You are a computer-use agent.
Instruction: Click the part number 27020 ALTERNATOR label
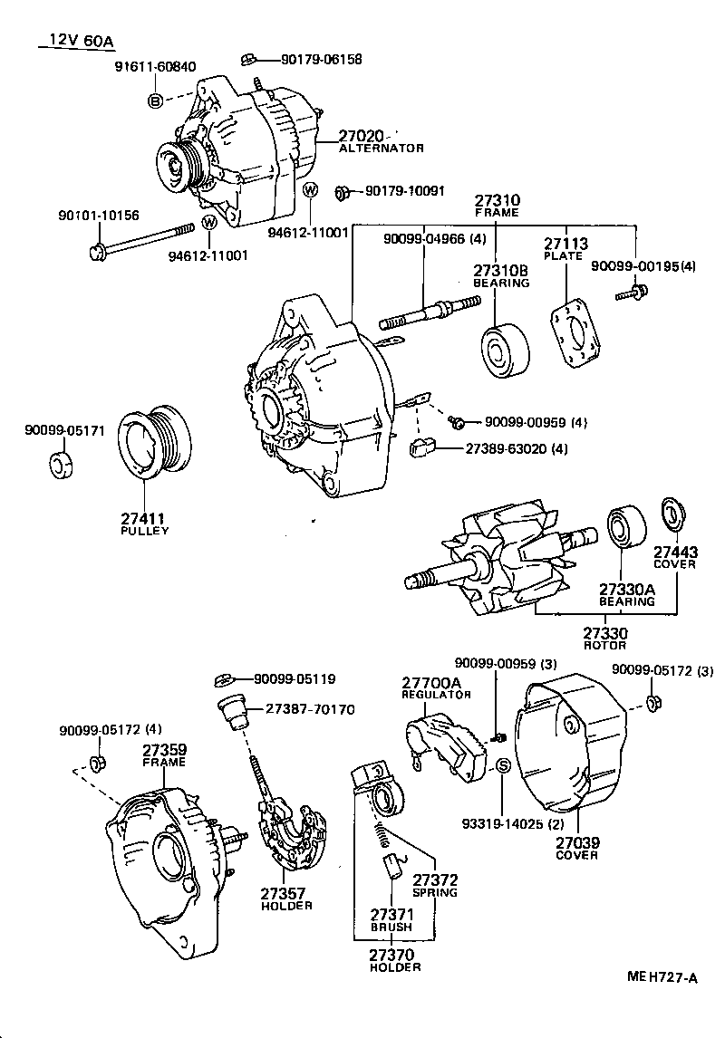381,141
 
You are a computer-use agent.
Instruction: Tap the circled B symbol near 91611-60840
155,101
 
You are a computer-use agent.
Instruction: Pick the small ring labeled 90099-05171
60,465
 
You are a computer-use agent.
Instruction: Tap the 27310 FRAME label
497,206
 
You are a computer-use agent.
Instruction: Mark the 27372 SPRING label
435,885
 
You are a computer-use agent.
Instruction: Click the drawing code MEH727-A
662,977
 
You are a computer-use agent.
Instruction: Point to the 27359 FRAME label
164,754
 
